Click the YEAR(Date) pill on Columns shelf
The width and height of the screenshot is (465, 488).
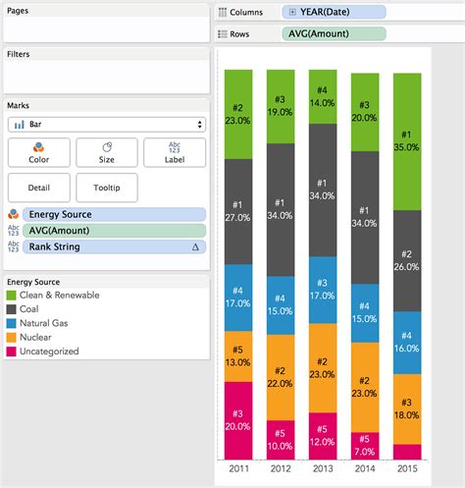point(333,12)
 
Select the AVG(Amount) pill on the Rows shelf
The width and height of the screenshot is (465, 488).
point(333,33)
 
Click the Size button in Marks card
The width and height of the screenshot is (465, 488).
point(106,152)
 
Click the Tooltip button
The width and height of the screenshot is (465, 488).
point(106,187)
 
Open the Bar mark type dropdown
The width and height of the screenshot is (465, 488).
point(106,124)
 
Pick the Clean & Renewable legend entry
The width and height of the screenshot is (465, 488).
point(54,295)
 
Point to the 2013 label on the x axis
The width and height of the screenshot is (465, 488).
point(322,468)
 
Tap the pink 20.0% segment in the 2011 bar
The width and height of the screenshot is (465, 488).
point(237,420)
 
